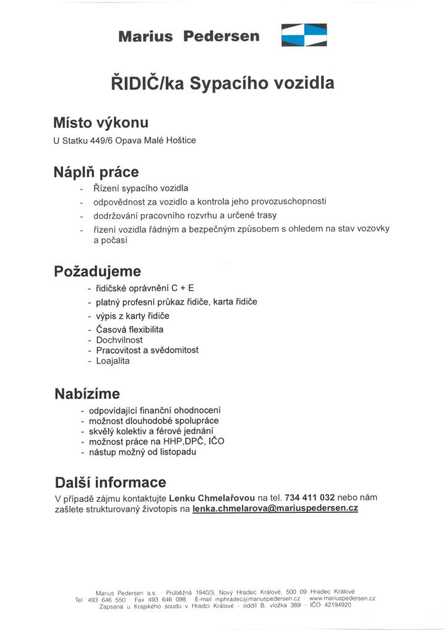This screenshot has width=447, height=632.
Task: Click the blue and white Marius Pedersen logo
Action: (x=304, y=35)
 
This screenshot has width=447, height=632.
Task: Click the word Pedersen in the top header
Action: (x=222, y=36)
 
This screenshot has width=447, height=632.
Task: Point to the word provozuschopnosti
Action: (x=288, y=202)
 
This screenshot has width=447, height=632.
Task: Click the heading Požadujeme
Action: (x=98, y=271)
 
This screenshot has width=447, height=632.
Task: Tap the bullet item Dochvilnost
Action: (x=119, y=339)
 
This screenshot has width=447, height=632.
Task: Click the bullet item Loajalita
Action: (x=113, y=360)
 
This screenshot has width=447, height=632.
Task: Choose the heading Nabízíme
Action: (x=87, y=393)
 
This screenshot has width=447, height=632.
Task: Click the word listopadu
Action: (x=176, y=452)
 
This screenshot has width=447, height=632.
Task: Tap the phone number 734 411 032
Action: (x=310, y=497)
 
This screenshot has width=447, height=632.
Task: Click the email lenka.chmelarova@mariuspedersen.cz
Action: (x=275, y=509)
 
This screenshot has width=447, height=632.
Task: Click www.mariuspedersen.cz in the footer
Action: (x=342, y=599)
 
